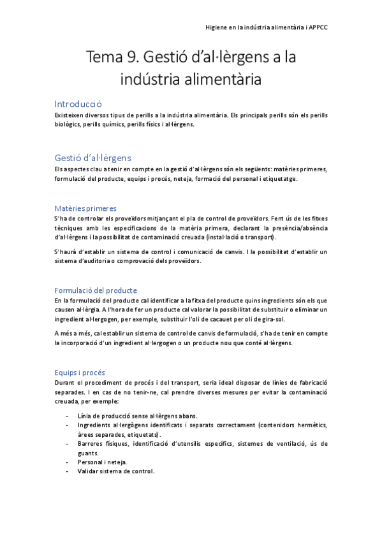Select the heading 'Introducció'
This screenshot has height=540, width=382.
coord(78,104)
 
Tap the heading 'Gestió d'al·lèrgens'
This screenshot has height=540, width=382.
coord(93,157)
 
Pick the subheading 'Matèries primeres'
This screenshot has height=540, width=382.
coord(85,208)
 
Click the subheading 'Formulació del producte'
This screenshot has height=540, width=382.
coord(96,290)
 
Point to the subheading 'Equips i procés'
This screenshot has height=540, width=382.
coord(80,372)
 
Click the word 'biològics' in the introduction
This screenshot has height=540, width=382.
coord(68,125)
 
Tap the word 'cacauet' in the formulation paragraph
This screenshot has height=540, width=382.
coord(225,318)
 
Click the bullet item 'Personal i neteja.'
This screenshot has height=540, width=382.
coord(102,462)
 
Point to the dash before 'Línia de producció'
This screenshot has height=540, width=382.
coord(68,415)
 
